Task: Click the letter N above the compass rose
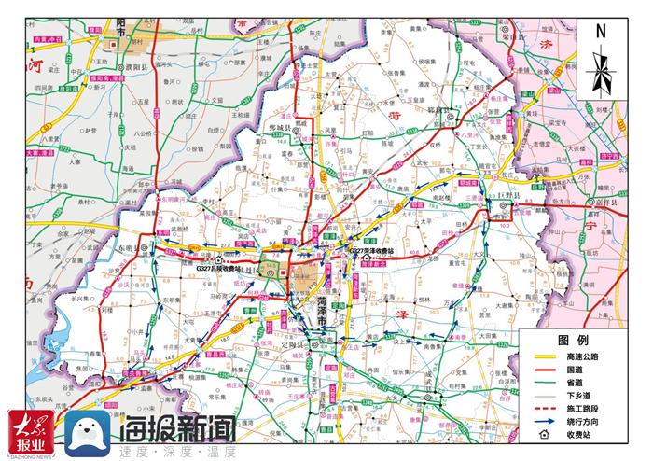602,30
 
